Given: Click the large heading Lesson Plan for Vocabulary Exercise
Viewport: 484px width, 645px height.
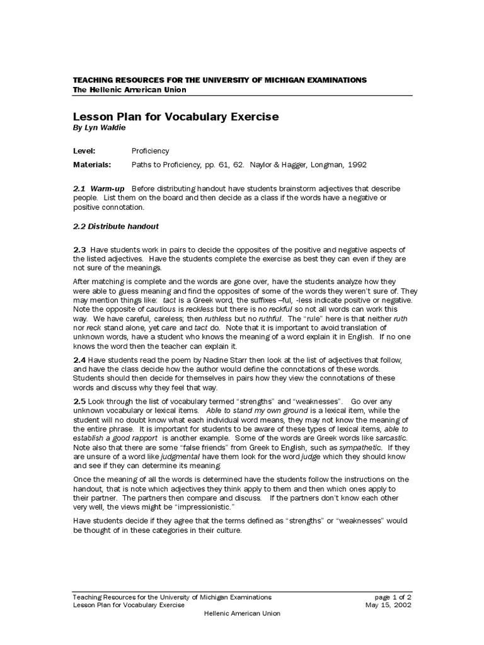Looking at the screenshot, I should [176, 117].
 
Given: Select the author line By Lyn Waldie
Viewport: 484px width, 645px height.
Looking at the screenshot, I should [100, 128].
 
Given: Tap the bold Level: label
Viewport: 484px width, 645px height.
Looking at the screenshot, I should [84, 151].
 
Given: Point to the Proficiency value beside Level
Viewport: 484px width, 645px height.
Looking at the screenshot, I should [150, 151].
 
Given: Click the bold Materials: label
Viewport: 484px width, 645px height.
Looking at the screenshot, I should [92, 164].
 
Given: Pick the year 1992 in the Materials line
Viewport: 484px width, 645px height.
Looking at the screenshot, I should [354, 164].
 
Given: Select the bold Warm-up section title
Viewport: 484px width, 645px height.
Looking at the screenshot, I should [108, 189].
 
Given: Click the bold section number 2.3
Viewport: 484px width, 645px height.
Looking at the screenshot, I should [79, 250].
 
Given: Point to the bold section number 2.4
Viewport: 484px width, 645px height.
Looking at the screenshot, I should [79, 360].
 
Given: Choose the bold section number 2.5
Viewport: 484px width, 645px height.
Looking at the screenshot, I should [79, 401].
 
